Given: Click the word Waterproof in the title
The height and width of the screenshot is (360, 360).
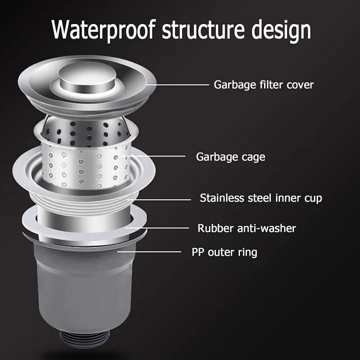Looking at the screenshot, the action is (104, 30).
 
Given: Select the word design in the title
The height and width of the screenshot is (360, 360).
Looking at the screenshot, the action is (281, 30).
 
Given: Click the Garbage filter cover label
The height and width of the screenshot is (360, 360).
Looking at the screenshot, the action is (263, 85).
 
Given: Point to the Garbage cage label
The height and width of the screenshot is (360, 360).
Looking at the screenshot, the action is (230, 157).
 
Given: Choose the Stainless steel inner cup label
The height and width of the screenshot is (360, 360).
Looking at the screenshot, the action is (261, 198).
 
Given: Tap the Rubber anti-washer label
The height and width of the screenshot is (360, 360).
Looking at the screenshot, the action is (246, 228).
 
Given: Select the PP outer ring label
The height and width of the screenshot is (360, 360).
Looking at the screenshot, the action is (224, 252).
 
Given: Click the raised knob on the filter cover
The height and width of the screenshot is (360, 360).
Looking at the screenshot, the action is (87, 77).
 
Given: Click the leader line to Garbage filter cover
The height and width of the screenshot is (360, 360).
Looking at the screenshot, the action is (177, 84).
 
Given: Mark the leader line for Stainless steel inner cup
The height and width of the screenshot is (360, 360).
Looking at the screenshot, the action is (160, 199).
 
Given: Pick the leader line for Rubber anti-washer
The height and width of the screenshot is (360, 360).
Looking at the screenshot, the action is (157, 228).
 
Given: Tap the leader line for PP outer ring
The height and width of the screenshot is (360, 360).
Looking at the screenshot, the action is (149, 252).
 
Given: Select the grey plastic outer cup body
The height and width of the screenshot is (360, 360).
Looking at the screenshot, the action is (84, 287).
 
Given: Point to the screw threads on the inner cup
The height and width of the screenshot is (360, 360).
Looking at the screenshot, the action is (84, 200).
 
